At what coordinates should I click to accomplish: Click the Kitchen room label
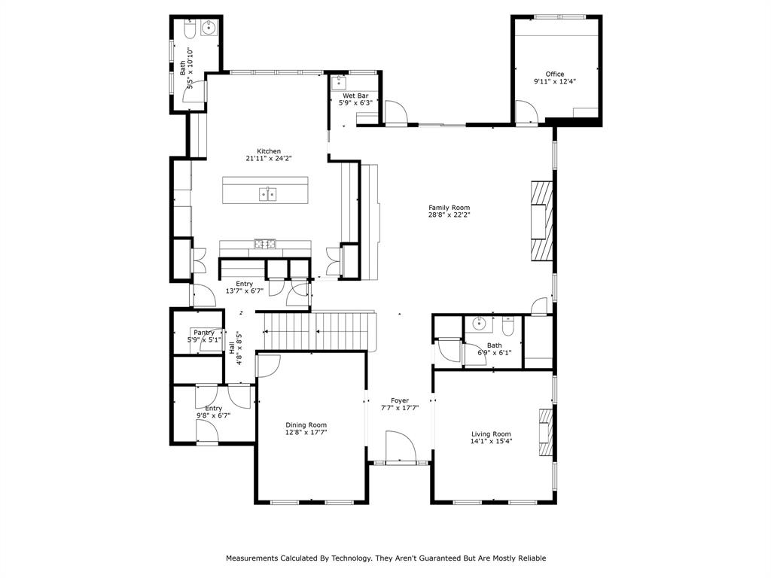tap(268, 151)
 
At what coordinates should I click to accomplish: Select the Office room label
tap(555, 74)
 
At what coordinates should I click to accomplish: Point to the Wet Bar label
tap(355, 96)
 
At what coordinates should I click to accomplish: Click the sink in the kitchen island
tap(267, 194)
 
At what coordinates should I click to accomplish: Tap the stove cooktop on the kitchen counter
tap(264, 243)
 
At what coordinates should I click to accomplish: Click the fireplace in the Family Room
tap(541, 220)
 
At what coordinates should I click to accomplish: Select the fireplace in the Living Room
tap(544, 432)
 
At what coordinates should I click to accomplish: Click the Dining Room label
tap(306, 424)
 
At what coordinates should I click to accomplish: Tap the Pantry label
tap(203, 332)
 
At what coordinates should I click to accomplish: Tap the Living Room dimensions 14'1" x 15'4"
tap(491, 442)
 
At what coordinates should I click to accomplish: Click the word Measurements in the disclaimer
tap(252, 558)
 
